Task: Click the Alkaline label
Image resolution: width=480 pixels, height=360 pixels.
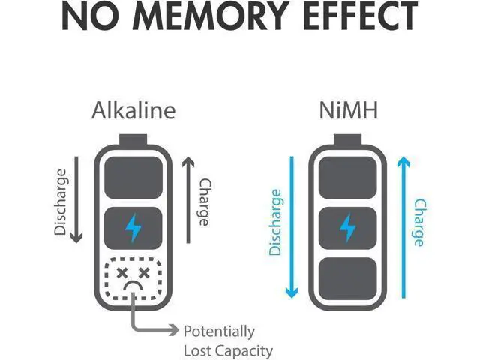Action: pos(133,110)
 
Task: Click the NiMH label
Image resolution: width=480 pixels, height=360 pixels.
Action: pos(348,110)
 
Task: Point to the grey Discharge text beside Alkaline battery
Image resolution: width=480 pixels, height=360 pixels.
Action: pos(60,202)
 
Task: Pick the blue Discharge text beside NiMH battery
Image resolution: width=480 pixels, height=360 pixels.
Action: pos(275,222)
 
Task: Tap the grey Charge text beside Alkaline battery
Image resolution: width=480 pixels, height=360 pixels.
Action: pos(205,202)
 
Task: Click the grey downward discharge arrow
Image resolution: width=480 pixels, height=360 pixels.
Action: pos(76,199)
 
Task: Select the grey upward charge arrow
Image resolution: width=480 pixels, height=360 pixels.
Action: pos(188,200)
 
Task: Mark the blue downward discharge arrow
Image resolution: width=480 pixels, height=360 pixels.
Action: pos(292,226)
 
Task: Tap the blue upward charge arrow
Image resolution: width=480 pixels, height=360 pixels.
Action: pos(403,227)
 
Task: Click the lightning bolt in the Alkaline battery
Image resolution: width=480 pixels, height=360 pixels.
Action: pos(133,228)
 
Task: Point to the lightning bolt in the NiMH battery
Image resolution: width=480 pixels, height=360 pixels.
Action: pos(348,228)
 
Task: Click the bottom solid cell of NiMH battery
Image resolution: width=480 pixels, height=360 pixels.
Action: pos(348,278)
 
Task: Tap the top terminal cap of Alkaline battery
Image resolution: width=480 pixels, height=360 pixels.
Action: pos(133,139)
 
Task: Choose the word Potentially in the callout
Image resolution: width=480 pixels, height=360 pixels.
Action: pos(219,331)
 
